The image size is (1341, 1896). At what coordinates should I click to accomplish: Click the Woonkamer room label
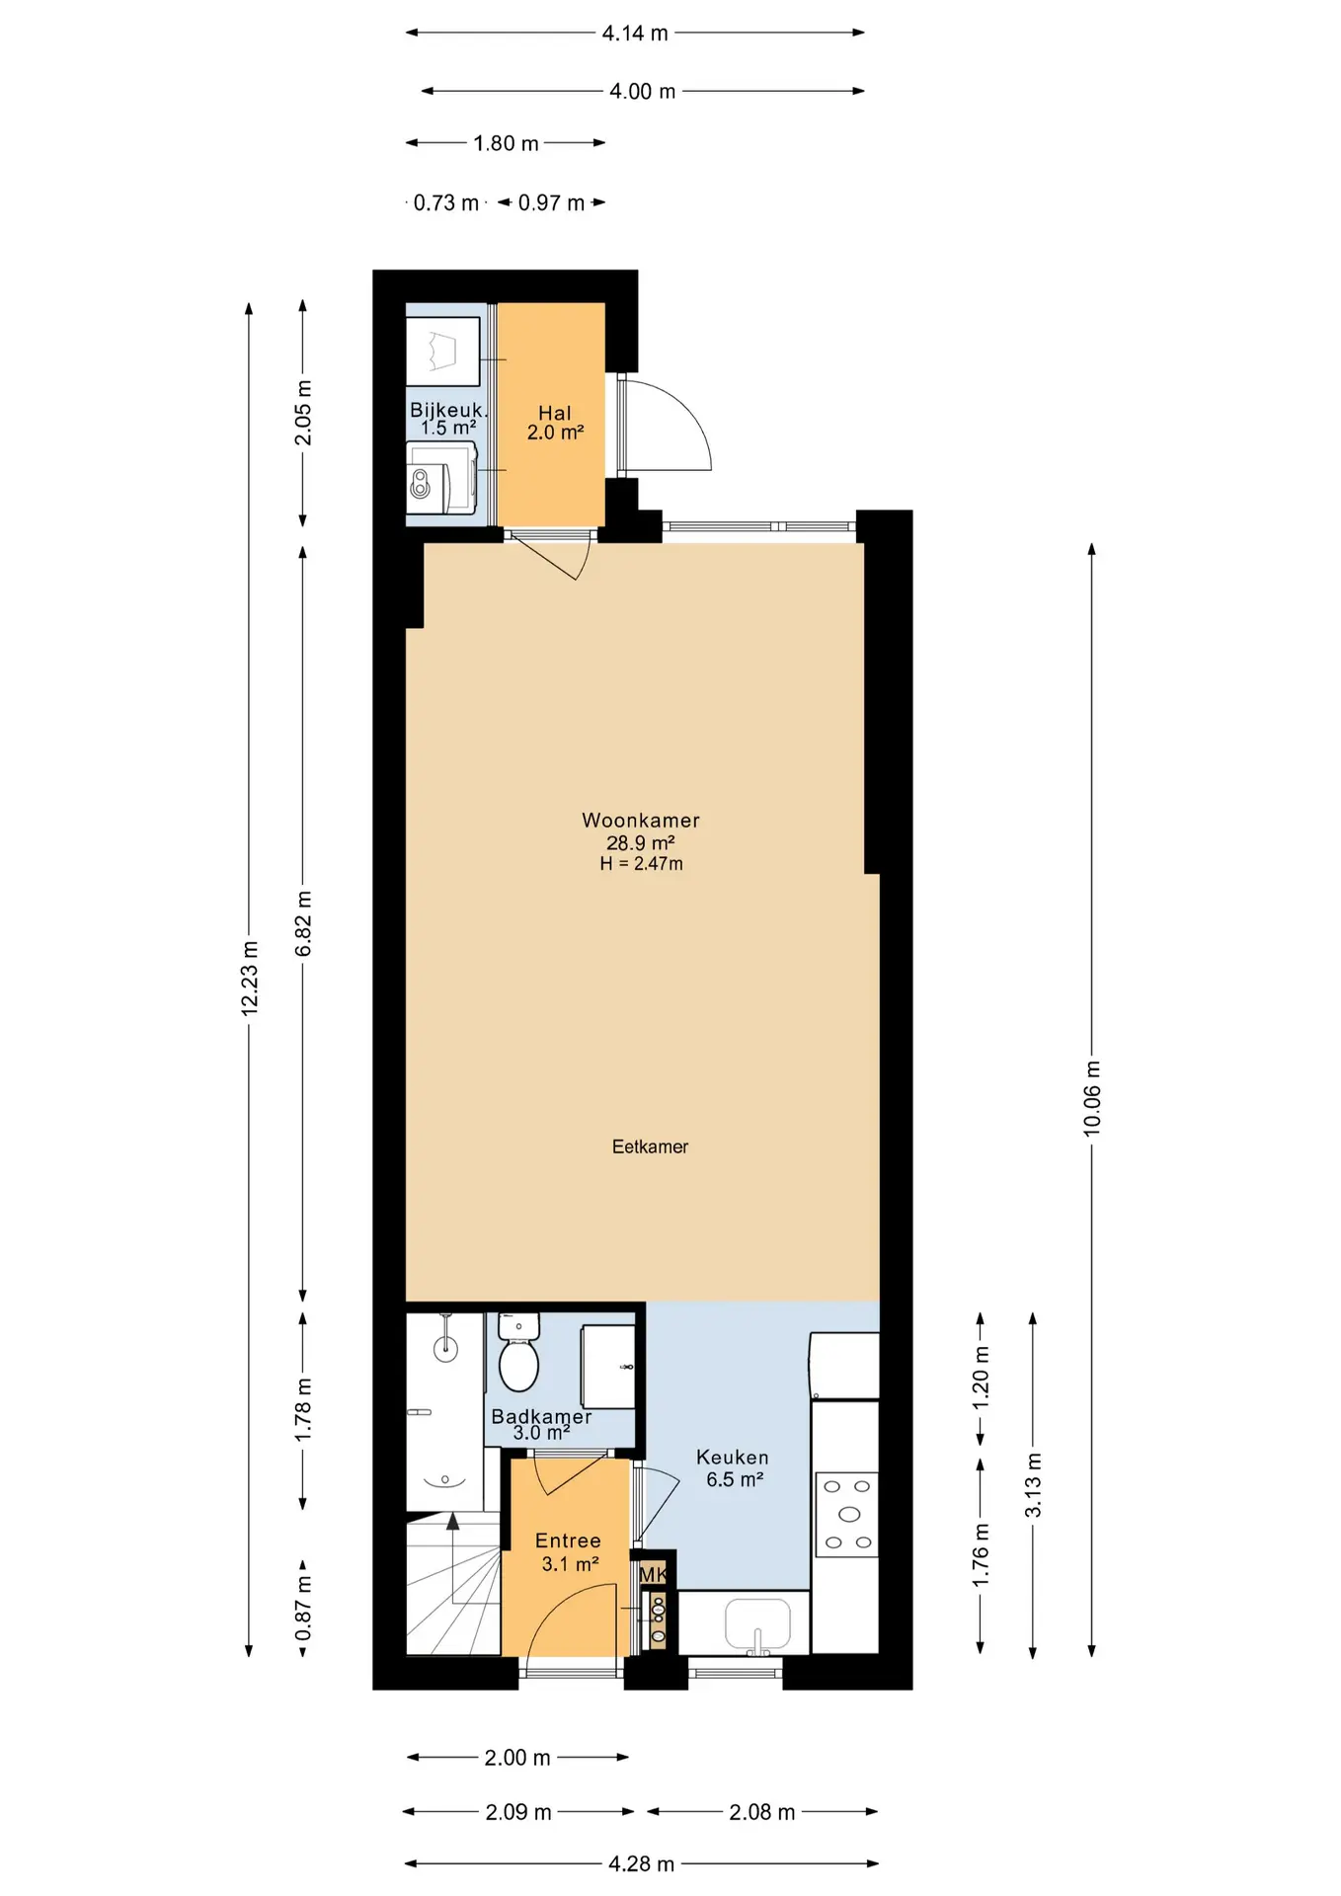[640, 821]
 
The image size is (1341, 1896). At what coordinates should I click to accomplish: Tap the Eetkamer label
[650, 1146]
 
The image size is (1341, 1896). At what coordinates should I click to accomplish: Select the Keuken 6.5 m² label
[733, 1468]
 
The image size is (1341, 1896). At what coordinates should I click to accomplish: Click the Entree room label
[568, 1540]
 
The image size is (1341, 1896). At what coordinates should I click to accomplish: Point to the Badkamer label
[541, 1416]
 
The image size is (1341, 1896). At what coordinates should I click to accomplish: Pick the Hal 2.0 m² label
[555, 423]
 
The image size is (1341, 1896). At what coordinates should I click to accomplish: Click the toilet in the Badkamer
[518, 1352]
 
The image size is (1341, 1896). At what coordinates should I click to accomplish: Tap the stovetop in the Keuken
[847, 1514]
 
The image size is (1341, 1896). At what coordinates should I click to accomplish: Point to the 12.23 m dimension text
[250, 978]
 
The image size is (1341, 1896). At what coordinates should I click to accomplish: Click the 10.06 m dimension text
[1092, 1098]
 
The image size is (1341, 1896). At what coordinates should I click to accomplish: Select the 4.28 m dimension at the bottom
[641, 1863]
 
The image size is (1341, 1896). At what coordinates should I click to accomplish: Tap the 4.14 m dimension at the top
[635, 34]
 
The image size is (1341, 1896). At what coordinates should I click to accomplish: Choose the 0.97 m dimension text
[551, 202]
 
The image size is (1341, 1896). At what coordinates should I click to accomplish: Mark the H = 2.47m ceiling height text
[641, 863]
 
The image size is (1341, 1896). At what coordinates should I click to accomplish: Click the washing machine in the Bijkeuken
[441, 477]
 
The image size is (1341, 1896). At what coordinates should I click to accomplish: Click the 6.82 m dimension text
[304, 923]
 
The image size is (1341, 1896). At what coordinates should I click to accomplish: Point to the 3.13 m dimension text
[1033, 1485]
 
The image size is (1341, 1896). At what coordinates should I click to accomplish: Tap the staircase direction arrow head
[453, 1521]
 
